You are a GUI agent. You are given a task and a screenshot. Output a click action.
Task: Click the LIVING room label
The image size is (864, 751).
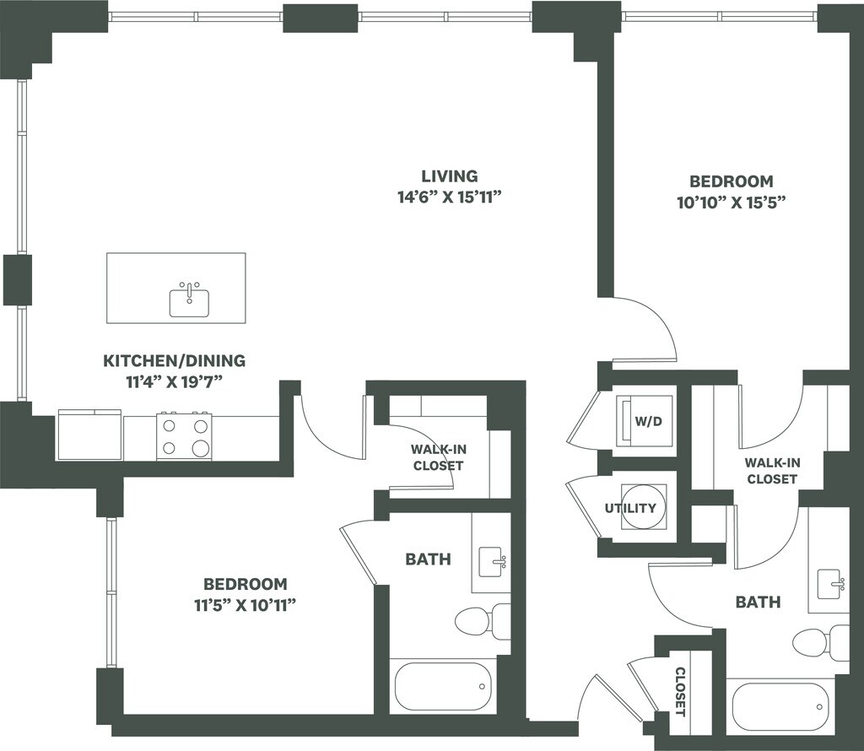450,176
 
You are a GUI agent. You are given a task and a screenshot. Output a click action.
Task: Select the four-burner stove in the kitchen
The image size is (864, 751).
184,437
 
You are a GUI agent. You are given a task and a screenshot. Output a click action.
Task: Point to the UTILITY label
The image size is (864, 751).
630,508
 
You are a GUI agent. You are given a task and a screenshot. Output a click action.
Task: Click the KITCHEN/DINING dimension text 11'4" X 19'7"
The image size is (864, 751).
174,381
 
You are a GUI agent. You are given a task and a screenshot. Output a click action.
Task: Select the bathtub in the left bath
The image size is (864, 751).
442,686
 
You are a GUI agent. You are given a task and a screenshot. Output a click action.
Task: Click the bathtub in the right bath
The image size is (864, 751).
780,705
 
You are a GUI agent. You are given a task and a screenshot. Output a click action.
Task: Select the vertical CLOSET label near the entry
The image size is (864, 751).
680,691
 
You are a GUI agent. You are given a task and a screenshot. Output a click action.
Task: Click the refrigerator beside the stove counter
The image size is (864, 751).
89,435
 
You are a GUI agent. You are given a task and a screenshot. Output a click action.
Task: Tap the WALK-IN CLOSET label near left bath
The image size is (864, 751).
437,457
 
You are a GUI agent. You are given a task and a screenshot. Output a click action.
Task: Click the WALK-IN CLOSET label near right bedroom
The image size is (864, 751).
771,470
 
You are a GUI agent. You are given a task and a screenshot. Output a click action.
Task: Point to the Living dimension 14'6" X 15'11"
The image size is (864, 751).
450,197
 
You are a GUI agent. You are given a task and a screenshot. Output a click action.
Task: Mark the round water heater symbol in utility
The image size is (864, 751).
644,506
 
